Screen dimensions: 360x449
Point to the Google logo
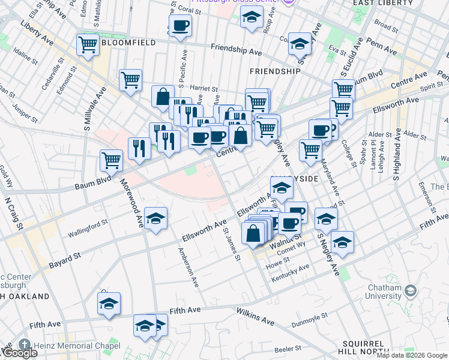pyautogui.click(x=20, y=353)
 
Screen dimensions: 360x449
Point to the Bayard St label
pyautogui.click(x=64, y=259)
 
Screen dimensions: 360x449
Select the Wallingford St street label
pyautogui.click(x=88, y=228)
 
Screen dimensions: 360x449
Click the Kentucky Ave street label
pyautogui.click(x=291, y=270)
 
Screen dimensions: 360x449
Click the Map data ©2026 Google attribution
pyautogui.click(x=412, y=355)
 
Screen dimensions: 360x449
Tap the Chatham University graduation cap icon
pyautogui.click(x=411, y=292)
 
